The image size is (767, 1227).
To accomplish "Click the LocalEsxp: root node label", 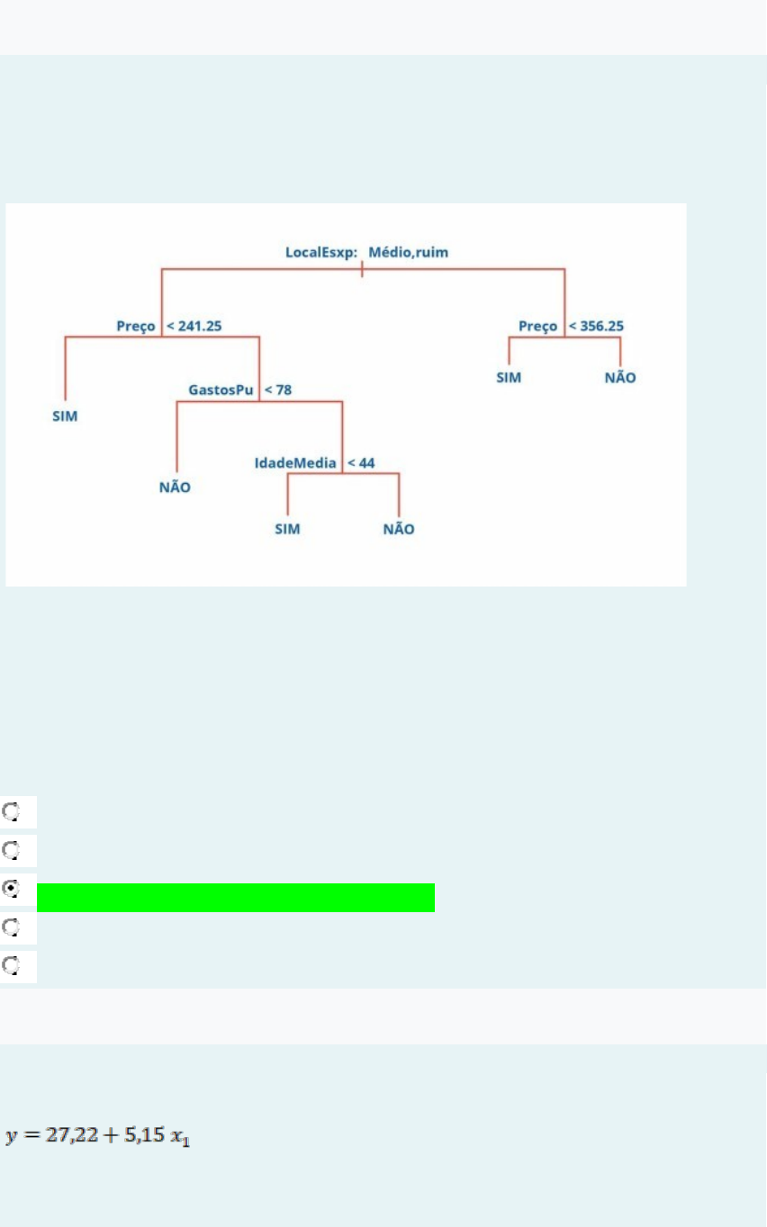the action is point(321,253).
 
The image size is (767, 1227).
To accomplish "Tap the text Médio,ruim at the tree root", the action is point(409,253).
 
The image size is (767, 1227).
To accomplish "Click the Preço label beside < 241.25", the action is point(136,326).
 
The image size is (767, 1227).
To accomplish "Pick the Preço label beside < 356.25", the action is point(538,326).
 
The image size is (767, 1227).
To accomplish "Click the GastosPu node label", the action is point(221,390).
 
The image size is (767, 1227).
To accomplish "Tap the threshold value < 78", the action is point(278,390).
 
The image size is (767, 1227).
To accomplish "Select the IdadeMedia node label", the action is point(295,462).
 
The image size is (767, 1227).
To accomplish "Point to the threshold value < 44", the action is point(361,462).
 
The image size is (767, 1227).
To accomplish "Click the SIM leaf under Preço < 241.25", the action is point(65,417).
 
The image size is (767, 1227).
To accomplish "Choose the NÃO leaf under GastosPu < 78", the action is point(175,488).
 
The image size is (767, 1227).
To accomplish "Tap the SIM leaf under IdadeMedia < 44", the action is point(287,529).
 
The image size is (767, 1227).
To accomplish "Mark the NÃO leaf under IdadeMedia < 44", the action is point(399,529).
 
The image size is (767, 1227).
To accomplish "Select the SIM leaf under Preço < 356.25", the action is point(509,378).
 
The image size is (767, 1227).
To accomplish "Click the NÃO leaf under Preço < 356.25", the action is point(620,378).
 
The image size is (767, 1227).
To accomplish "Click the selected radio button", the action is point(10,888).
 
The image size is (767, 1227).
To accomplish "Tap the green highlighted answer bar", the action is point(236,898).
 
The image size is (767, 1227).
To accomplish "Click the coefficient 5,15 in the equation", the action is point(144,1137).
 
